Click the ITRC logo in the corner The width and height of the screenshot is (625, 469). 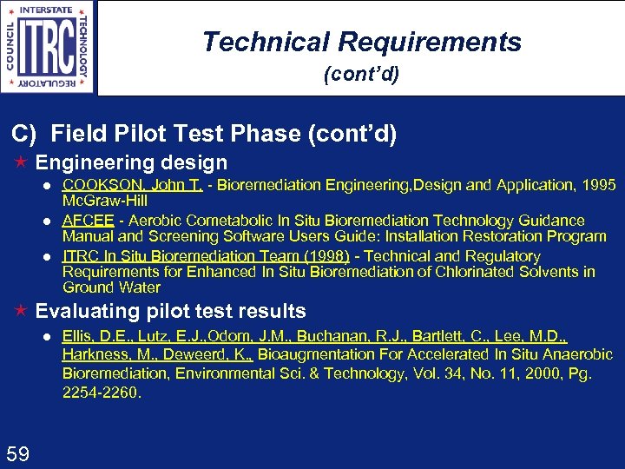48,47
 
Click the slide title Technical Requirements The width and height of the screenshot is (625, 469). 361,42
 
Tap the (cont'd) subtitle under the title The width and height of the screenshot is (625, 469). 361,75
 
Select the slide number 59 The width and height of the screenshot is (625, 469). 19,452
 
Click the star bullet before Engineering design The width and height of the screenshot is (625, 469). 22,163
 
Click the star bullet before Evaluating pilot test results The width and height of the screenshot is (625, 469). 22,312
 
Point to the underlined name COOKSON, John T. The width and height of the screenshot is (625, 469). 133,185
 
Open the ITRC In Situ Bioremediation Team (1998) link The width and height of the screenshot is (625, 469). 206,256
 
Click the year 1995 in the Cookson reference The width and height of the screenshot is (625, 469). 599,185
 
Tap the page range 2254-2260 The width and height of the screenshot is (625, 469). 102,393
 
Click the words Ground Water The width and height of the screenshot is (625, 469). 111,287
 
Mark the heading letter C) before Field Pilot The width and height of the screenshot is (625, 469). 23,134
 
